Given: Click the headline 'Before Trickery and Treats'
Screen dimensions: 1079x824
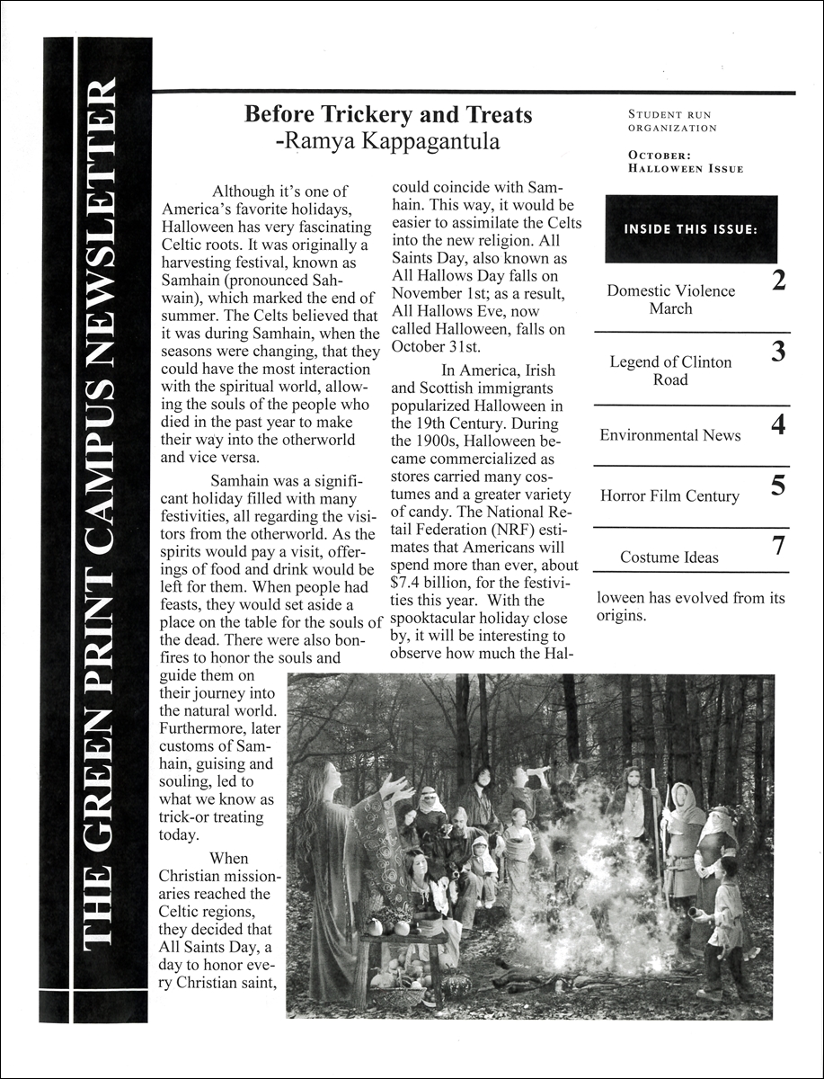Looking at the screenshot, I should pyautogui.click(x=388, y=115).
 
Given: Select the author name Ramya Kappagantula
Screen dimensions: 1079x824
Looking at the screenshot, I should pyautogui.click(x=388, y=142).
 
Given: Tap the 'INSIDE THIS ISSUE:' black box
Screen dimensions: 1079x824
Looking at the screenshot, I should pyautogui.click(x=690, y=229).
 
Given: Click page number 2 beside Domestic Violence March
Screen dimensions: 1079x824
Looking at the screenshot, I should pyautogui.click(x=778, y=281).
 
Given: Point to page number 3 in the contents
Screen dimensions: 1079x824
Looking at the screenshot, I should pyautogui.click(x=778, y=352).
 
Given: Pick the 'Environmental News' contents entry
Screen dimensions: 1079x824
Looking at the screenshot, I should pyautogui.click(x=670, y=435).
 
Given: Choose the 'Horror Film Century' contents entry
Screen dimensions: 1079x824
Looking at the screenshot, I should pyautogui.click(x=669, y=496).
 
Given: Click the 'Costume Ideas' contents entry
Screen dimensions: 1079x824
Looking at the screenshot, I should pyautogui.click(x=669, y=557).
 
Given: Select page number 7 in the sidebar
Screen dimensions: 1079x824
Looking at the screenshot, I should pyautogui.click(x=778, y=546).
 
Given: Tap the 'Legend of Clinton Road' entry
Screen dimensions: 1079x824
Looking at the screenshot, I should pyautogui.click(x=670, y=370).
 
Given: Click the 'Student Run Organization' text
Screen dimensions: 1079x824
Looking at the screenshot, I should pyautogui.click(x=672, y=121).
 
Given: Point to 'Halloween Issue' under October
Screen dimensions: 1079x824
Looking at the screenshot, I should pyautogui.click(x=686, y=169).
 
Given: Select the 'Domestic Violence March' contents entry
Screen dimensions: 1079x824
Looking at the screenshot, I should pyautogui.click(x=670, y=299).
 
